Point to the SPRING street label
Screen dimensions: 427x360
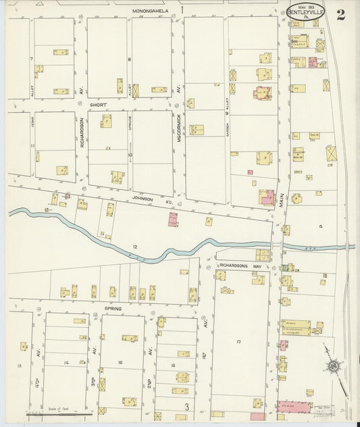coord(113,308)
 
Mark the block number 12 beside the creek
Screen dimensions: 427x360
coord(135,247)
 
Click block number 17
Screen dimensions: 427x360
coord(238,343)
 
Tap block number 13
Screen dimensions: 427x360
coord(19,366)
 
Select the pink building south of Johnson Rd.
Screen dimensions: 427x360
coord(173,219)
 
